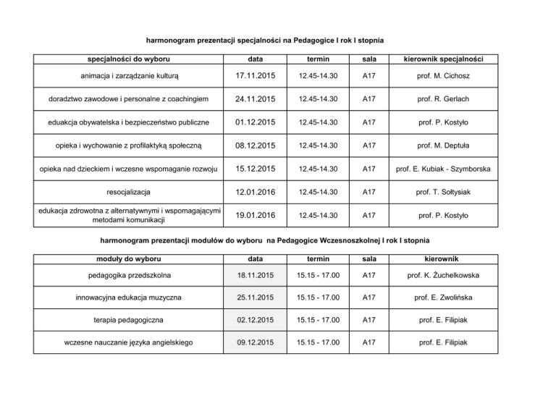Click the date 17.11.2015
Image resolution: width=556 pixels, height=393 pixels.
point(250,75)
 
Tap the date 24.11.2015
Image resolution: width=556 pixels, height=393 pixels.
point(250,97)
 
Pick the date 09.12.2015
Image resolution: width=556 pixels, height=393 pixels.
point(250,344)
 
